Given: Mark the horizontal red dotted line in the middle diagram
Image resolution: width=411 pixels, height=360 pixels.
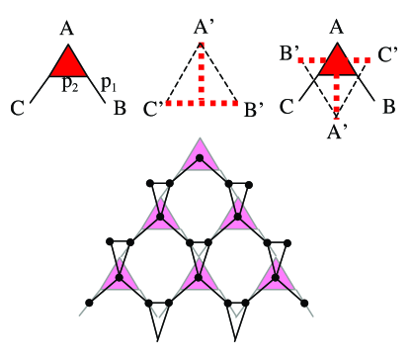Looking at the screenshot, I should pyautogui.click(x=203, y=102).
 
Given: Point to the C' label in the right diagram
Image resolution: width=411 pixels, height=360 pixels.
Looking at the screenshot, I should pyautogui.click(x=387, y=46).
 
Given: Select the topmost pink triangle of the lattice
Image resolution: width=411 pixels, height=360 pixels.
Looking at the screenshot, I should pyautogui.click(x=201, y=157).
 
